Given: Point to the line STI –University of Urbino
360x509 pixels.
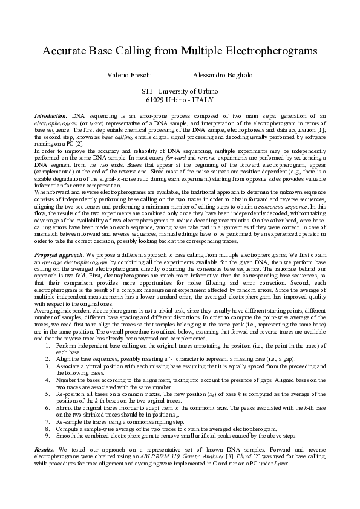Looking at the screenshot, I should [180, 91].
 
